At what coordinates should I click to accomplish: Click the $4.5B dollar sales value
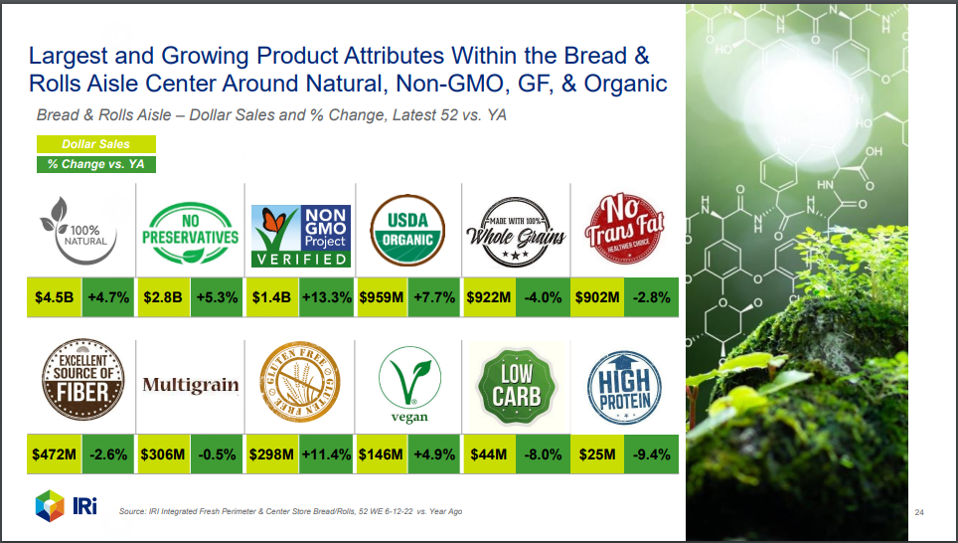(54, 297)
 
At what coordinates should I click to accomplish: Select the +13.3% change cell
(326, 297)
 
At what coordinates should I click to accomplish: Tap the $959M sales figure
(382, 297)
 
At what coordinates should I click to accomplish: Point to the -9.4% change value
(651, 454)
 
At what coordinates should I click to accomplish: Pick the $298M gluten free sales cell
(271, 454)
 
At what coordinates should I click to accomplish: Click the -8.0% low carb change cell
(543, 454)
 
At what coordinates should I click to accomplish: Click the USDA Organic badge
(407, 231)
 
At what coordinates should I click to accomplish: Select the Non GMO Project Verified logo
(301, 236)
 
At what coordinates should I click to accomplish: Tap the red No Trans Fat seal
(624, 228)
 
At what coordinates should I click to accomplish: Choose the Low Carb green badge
(517, 387)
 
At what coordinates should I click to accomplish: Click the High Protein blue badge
(624, 388)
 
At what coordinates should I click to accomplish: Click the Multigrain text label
(191, 385)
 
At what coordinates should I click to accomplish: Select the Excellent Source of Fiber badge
(83, 379)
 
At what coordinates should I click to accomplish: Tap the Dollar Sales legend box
(96, 144)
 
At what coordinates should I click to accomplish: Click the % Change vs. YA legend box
(96, 164)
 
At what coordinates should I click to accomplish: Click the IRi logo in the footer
(66, 505)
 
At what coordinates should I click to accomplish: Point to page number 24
(919, 512)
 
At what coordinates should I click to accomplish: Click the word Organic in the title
(626, 84)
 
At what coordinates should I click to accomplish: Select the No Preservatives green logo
(190, 233)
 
